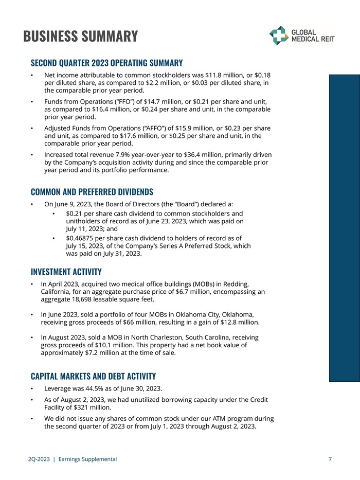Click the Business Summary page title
click(x=81, y=37)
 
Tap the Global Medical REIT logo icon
click(x=279, y=35)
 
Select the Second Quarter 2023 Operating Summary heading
click(x=106, y=63)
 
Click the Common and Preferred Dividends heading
click(x=92, y=192)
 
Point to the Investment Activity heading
click(x=66, y=272)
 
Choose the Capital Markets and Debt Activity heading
click(x=93, y=376)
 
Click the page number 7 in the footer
click(x=330, y=459)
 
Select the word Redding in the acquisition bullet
click(x=235, y=284)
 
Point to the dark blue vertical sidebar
click(x=345, y=226)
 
